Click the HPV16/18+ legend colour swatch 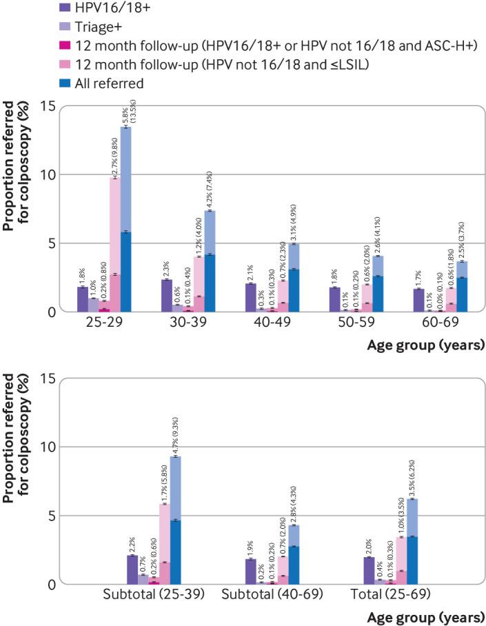(8, 10)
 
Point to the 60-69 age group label (441, 323)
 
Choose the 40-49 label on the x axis (272, 323)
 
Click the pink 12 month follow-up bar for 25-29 (114, 241)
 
